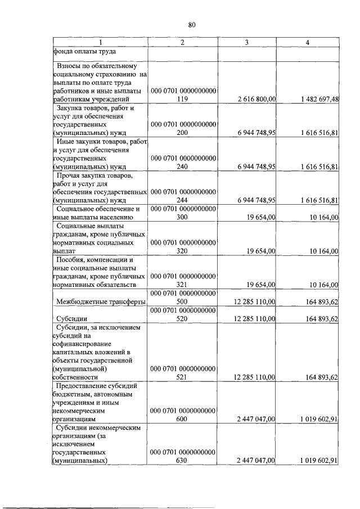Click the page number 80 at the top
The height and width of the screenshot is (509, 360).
coord(191,24)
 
